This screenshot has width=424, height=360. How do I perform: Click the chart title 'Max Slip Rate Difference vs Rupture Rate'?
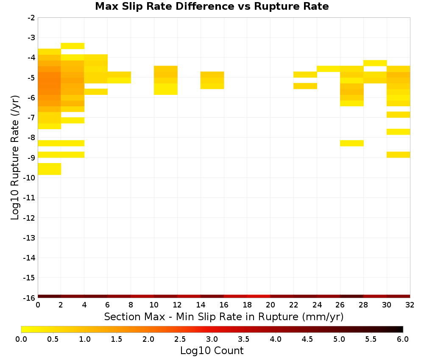click(x=212, y=6)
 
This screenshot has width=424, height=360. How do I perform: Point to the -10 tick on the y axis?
click(x=30, y=178)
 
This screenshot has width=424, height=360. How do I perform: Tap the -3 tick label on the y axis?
click(x=31, y=38)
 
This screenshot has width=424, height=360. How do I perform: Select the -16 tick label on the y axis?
click(x=30, y=298)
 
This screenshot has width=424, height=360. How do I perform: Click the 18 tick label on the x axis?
click(x=247, y=305)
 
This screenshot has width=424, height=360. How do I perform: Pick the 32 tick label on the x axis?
click(x=410, y=305)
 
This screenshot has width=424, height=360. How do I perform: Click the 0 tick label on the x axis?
click(x=38, y=305)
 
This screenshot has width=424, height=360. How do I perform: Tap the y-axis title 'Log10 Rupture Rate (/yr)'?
click(x=15, y=158)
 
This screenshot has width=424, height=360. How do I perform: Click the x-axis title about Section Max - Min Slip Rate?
click(x=224, y=316)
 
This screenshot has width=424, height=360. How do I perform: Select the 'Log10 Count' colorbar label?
click(x=212, y=351)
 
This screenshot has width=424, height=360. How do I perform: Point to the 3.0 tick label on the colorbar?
click(x=212, y=339)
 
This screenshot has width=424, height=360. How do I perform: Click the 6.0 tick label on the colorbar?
click(x=403, y=339)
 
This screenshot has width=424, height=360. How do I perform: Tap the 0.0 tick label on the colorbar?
click(x=21, y=339)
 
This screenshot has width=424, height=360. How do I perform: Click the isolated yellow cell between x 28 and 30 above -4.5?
click(x=375, y=63)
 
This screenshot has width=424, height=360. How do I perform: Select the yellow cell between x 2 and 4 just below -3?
click(x=73, y=46)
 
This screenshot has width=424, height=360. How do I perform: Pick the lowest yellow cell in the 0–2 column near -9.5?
click(x=50, y=169)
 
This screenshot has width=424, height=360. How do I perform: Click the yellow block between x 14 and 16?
click(x=212, y=80)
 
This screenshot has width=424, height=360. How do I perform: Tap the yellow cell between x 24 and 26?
click(x=329, y=69)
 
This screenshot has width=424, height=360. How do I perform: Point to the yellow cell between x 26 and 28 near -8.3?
click(x=352, y=143)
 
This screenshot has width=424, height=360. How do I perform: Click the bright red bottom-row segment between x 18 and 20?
click(x=259, y=296)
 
